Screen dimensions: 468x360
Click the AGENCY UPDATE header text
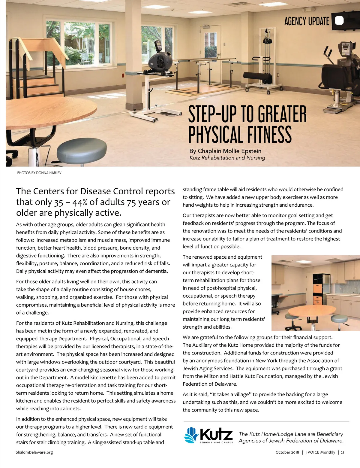pyautogui.click(x=306, y=21)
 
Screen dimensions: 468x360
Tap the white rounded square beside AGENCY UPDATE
pyautogui.click(x=339, y=20)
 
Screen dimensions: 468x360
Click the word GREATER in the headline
pyautogui.click(x=282, y=114)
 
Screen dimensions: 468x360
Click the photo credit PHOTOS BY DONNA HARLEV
pyautogui.click(x=39, y=173)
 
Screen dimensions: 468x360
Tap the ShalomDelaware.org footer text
pyautogui.click(x=34, y=452)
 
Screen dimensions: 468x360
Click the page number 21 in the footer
pyautogui.click(x=342, y=452)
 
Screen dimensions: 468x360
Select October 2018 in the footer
pyautogui.click(x=287, y=452)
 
